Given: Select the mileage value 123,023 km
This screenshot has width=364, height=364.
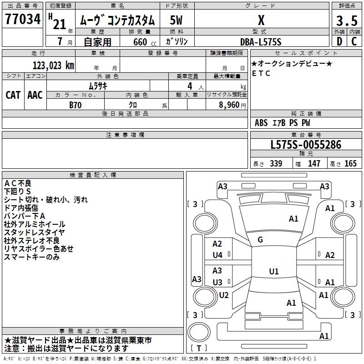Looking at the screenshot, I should click(53, 65).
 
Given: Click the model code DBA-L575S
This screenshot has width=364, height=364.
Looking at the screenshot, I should click(261, 41).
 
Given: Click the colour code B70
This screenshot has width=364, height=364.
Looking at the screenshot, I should click(76, 104).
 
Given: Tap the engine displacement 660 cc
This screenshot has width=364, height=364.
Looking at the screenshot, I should click(139, 42).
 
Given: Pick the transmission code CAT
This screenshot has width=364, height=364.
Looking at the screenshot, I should click(13, 95).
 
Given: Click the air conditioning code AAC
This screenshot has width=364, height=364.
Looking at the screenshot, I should click(35, 95).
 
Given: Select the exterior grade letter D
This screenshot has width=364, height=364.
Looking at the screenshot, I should click(339, 41).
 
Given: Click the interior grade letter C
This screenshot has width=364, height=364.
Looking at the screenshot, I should click(354, 41).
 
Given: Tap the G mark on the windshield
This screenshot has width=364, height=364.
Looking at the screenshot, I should click(260, 240).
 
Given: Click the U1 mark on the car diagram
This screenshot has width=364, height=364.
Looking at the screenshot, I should click(273, 272).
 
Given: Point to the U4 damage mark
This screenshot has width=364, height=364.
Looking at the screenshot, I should click(217, 255).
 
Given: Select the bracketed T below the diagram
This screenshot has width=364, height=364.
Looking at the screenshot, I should click(199, 348).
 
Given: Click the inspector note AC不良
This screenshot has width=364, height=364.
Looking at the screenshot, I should click(18, 183).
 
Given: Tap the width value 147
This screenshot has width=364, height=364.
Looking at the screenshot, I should click(314, 164).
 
